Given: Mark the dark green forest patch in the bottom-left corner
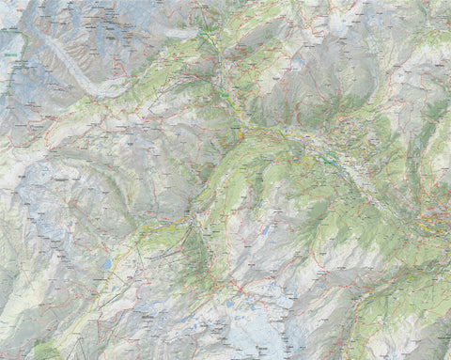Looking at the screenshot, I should [x=42, y=352].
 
